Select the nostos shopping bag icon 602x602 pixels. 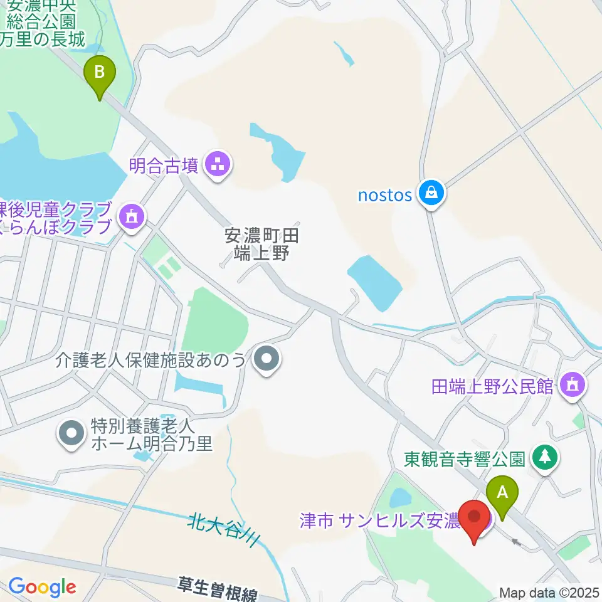[432, 194]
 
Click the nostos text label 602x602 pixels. [385, 195]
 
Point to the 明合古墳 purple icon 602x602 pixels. [219, 166]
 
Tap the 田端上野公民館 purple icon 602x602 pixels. [571, 386]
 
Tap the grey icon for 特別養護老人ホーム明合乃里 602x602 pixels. [71, 435]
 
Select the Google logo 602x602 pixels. [42, 588]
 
